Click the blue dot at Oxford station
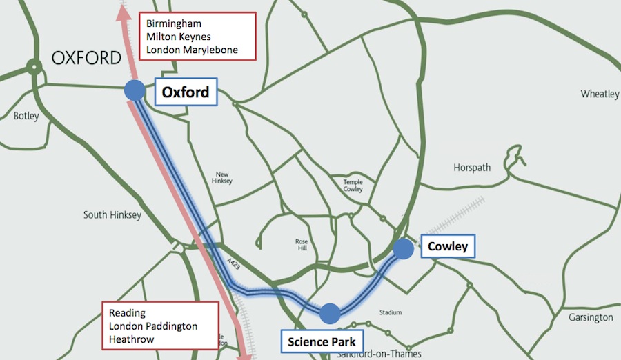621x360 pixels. pyautogui.click(x=134, y=90)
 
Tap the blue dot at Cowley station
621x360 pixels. pyautogui.click(x=404, y=248)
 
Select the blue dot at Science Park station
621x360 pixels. pyautogui.click(x=330, y=313)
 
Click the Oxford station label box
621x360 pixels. pyautogui.click(x=186, y=92)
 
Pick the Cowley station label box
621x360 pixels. pyautogui.click(x=447, y=247)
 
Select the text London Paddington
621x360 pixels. pyautogui.click(x=152, y=326)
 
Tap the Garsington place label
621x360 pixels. pyautogui.click(x=591, y=317)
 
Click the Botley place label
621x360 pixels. pyautogui.click(x=26, y=116)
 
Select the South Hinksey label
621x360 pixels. pyautogui.click(x=112, y=215)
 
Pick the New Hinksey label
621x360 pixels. pyautogui.click(x=223, y=178)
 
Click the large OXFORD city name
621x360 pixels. pyautogui.click(x=86, y=58)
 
